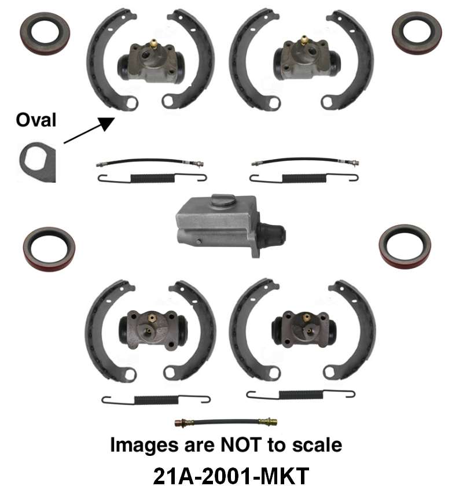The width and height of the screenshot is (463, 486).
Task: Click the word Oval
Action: (36, 120)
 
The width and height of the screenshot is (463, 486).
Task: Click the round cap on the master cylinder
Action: (222, 200)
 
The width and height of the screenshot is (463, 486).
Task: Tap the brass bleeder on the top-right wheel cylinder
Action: (303, 42)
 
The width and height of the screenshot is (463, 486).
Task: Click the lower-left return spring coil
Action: (155, 399)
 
